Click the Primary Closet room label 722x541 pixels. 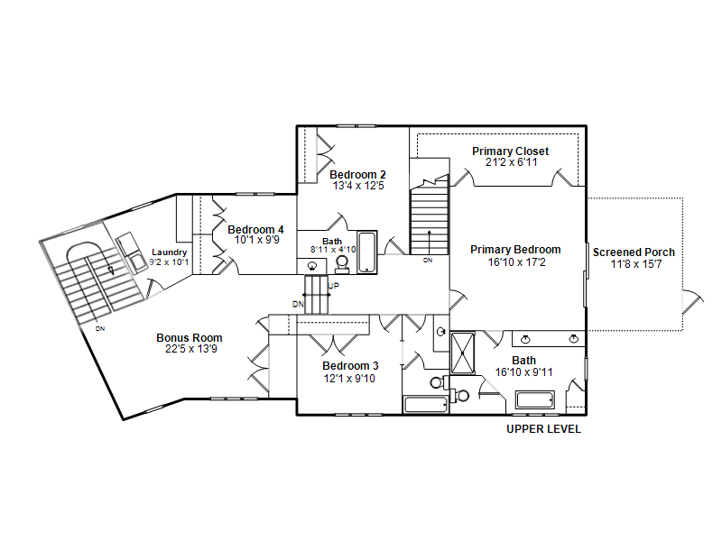510,151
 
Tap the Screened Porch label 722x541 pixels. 634,252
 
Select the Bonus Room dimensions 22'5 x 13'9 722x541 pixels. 191,349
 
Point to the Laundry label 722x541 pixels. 170,252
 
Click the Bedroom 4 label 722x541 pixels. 255,229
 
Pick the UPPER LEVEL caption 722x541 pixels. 544,429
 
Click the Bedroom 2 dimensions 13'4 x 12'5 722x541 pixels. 358,186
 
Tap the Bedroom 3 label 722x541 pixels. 350,366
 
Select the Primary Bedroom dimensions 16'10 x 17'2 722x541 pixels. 516,262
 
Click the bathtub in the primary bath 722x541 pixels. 534,399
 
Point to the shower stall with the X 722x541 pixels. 462,353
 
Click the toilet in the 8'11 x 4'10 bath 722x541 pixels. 342,264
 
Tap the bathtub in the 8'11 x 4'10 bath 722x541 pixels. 367,252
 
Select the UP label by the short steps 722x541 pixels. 333,286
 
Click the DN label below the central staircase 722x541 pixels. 428,261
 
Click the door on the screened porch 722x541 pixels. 692,302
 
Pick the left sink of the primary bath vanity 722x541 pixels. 525,340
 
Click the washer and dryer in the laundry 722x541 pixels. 131,252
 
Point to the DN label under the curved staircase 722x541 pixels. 100,329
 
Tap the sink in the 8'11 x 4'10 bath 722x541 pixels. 311,266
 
